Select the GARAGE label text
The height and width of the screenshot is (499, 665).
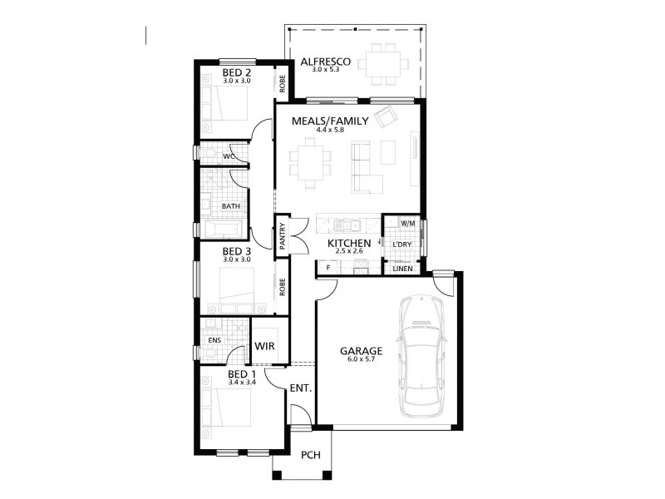click(x=361, y=351)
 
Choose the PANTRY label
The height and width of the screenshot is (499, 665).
click(x=283, y=234)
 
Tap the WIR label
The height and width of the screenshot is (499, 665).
click(x=265, y=345)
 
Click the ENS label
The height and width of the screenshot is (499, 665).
click(x=214, y=340)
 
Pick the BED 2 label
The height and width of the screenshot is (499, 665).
click(x=237, y=73)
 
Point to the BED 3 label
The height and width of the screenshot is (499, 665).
click(x=237, y=251)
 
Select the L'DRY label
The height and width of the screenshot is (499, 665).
click(x=402, y=244)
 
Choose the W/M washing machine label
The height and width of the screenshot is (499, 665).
click(x=407, y=224)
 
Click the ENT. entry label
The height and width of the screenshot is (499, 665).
click(x=300, y=388)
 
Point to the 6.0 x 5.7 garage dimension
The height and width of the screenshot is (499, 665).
click(x=361, y=360)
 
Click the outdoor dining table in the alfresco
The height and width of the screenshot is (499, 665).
click(x=386, y=62)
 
